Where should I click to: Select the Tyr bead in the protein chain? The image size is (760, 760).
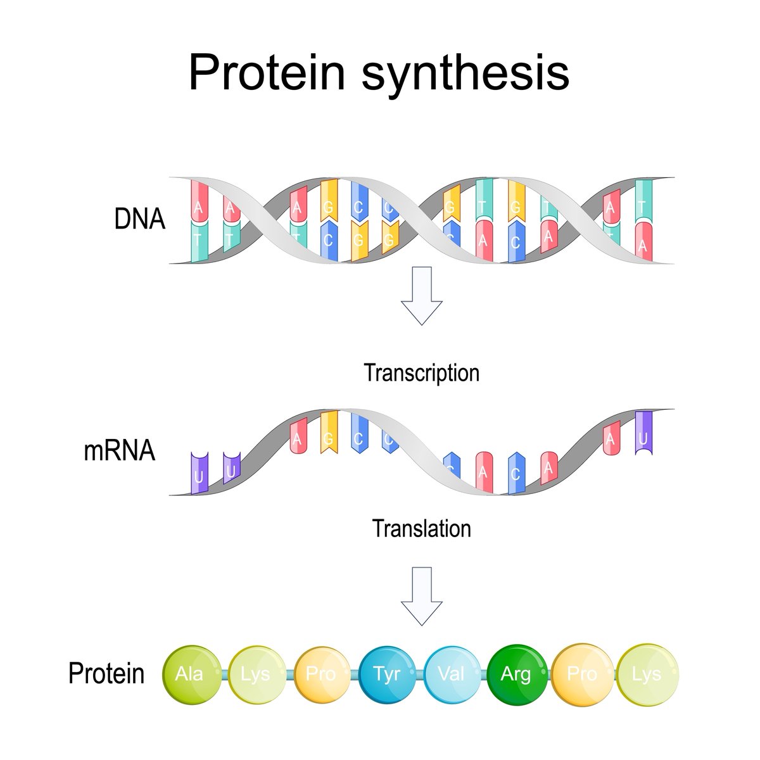(387, 673)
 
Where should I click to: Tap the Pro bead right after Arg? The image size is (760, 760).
(582, 673)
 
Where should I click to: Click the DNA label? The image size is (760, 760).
(139, 219)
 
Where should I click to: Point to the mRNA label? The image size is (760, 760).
(119, 451)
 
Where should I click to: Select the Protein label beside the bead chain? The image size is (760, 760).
(106, 673)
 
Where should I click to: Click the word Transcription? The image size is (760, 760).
(421, 372)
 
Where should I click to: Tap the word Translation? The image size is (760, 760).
(421, 528)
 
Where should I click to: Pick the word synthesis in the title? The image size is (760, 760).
(465, 73)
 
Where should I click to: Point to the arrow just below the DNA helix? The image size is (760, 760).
(421, 295)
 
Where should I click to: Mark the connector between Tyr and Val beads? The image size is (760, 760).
(419, 673)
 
